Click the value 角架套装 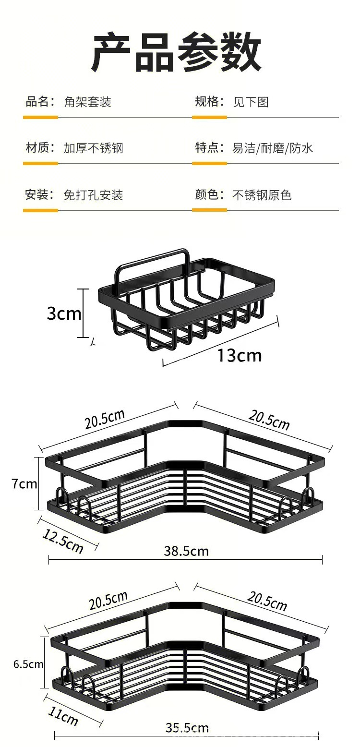(x=87, y=102)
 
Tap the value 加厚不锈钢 (x=93, y=148)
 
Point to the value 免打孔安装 (x=93, y=195)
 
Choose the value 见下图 (x=251, y=102)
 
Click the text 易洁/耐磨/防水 (x=273, y=148)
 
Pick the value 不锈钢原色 (x=262, y=195)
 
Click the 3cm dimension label (x=64, y=314)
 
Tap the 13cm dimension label (x=240, y=356)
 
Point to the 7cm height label (x=24, y=484)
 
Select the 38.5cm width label (x=186, y=551)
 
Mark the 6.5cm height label (x=28, y=664)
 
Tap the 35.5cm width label (x=187, y=728)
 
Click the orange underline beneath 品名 (x=40, y=117)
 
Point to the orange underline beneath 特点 (x=209, y=163)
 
